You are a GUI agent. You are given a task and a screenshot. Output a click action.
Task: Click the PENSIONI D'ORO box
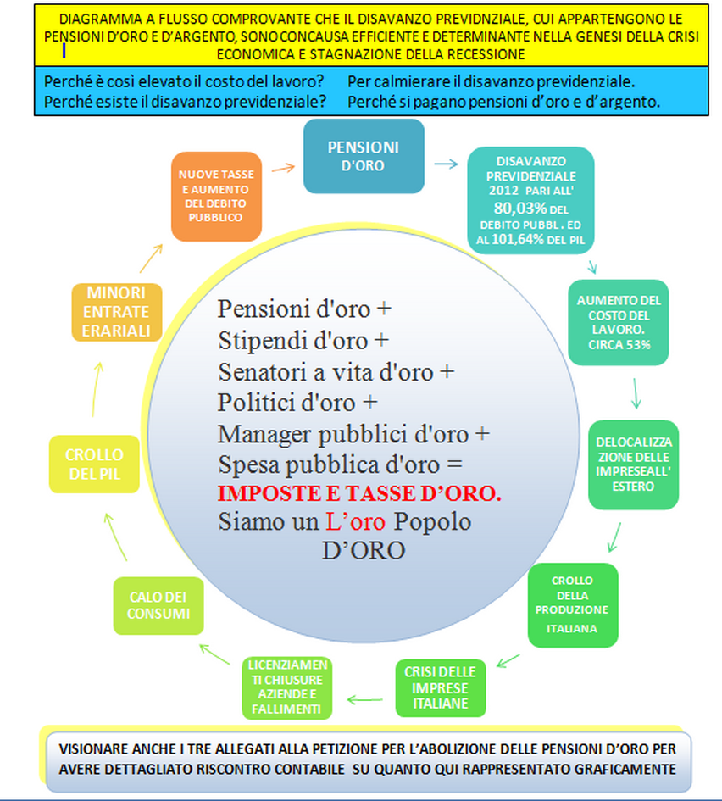point(364,156)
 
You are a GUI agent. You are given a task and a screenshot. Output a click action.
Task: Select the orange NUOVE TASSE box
point(216,196)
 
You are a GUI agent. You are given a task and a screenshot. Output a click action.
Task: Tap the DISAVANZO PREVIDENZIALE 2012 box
point(531,200)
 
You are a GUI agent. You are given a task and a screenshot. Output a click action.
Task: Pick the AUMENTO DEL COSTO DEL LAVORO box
point(619,322)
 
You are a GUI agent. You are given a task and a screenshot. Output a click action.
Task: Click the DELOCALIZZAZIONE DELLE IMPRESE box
point(634,464)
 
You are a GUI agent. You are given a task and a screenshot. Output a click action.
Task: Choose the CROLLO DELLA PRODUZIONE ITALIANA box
point(573,605)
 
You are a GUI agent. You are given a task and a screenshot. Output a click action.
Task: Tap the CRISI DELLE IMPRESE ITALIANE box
point(441,687)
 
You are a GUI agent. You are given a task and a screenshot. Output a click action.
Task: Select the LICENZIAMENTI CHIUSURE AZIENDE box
point(287,687)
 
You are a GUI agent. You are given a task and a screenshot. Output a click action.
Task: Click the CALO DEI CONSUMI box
point(158,606)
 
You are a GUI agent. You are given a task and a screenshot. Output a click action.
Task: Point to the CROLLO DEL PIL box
point(94,464)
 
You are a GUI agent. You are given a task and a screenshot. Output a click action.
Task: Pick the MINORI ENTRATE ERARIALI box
point(117,312)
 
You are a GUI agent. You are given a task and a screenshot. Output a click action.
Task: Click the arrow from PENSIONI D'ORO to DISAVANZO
point(446,164)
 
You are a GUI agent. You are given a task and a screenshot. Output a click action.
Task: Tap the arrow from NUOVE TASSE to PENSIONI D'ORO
point(283,168)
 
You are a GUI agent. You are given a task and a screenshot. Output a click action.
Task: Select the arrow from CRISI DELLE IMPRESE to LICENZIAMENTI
point(364,699)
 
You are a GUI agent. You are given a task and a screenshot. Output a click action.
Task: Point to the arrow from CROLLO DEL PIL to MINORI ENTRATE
point(96,389)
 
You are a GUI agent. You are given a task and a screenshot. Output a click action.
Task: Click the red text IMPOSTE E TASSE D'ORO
point(359,493)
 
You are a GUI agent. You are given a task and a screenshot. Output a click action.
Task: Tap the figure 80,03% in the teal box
point(520,209)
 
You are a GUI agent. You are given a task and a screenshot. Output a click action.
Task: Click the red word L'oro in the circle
point(355,521)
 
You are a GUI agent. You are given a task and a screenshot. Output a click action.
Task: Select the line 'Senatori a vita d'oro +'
point(336,372)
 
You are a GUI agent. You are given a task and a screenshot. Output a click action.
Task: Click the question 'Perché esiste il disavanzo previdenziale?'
point(185,102)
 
